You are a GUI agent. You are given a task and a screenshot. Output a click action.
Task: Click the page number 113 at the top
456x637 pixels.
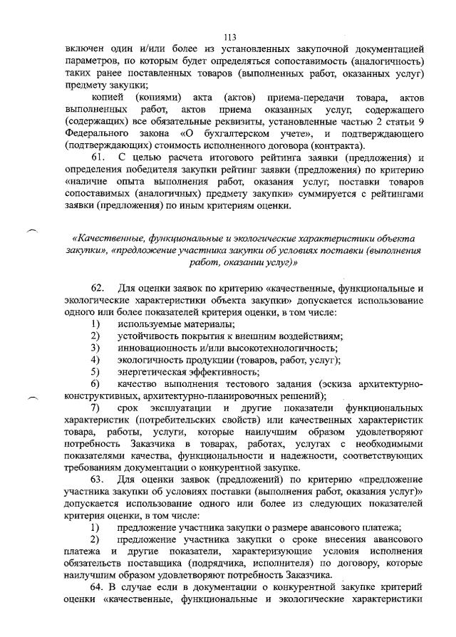tap(229, 37)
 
